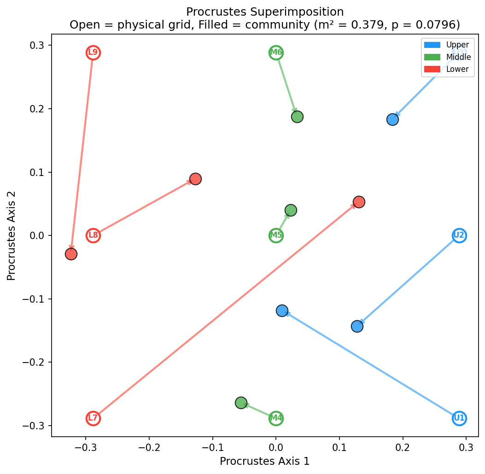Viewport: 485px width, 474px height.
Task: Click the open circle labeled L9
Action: pyautogui.click(x=93, y=53)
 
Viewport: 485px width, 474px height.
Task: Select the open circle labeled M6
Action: pyautogui.click(x=276, y=53)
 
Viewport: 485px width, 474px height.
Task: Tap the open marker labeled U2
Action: pyautogui.click(x=459, y=235)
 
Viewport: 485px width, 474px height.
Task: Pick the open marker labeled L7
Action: pyautogui.click(x=93, y=418)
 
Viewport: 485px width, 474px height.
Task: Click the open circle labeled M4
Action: pyautogui.click(x=276, y=418)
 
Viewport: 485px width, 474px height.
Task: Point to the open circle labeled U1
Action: pyautogui.click(x=459, y=418)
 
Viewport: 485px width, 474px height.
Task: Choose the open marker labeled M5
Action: pyautogui.click(x=276, y=235)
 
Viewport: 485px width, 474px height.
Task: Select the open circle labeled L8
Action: pyautogui.click(x=93, y=235)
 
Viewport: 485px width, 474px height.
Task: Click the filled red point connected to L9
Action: pyautogui.click(x=71, y=254)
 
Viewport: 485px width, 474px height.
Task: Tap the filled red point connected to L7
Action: pyautogui.click(x=359, y=202)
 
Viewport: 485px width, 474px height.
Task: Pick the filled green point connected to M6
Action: pyautogui.click(x=297, y=117)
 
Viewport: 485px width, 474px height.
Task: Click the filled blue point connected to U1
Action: pyautogui.click(x=282, y=310)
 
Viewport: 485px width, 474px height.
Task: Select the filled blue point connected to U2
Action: pyautogui.click(x=357, y=326)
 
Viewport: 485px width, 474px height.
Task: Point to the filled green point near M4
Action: pyautogui.click(x=241, y=403)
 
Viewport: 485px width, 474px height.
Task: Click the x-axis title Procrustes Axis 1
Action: pyautogui.click(x=264, y=461)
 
